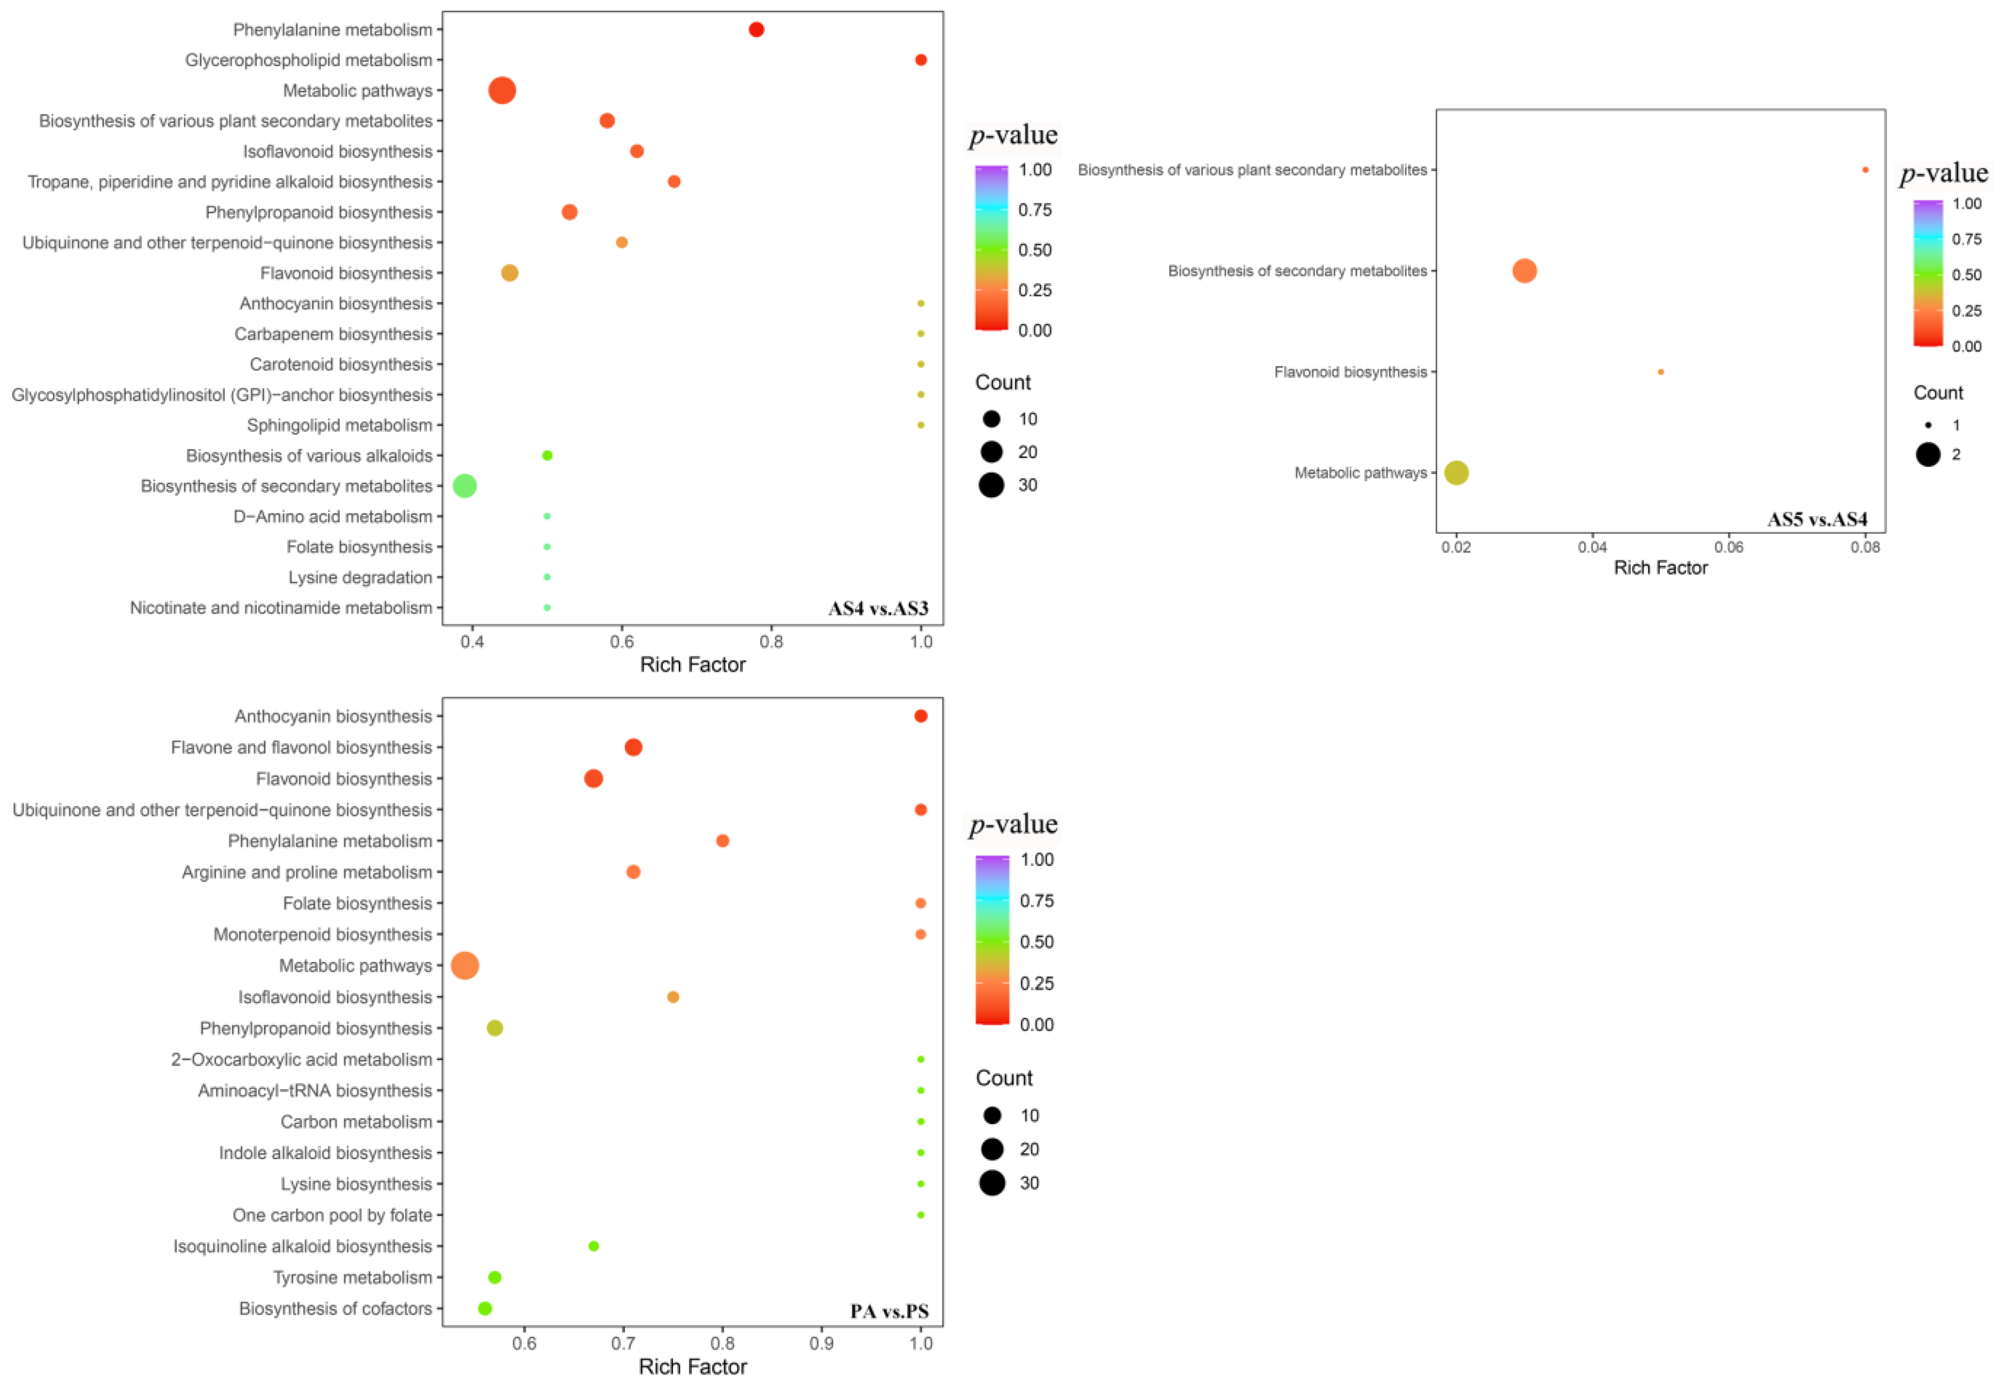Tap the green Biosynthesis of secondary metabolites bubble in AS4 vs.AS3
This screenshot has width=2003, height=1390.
click(x=465, y=486)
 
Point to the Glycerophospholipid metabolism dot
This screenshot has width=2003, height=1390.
click(x=920, y=60)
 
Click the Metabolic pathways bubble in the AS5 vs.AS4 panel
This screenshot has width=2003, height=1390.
click(x=1457, y=473)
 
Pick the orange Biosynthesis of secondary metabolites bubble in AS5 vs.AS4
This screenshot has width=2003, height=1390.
click(x=1524, y=271)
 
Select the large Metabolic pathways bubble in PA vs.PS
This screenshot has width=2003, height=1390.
click(x=465, y=966)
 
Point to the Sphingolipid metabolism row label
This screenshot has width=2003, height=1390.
click(x=339, y=425)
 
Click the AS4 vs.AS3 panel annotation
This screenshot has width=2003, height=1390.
click(x=878, y=608)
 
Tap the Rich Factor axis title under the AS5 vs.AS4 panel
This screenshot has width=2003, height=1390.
click(x=1660, y=568)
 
